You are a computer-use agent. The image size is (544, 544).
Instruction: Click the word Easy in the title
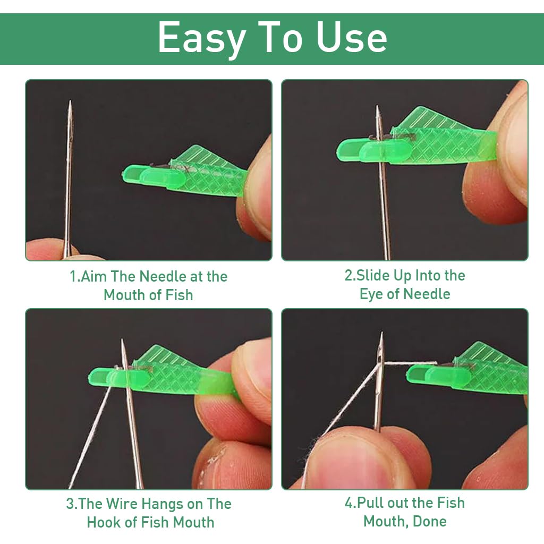coord(202,38)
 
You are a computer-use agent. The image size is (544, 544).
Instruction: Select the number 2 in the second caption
coord(348,276)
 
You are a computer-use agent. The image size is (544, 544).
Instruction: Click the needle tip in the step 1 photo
coord(69,103)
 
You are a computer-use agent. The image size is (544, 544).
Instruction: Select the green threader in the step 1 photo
coord(186,173)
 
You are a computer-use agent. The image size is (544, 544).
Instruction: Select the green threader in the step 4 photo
coord(467,372)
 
